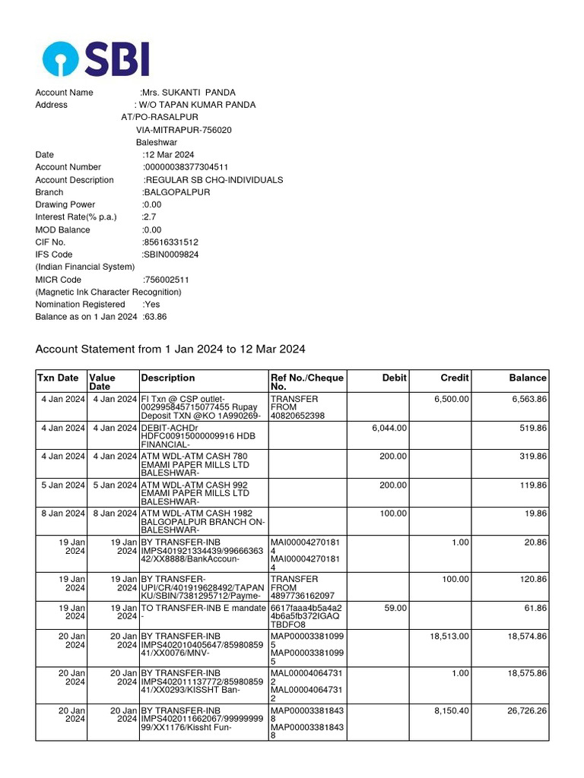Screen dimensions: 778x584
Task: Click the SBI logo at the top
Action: [96, 59]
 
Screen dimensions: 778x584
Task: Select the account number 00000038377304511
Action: [186, 167]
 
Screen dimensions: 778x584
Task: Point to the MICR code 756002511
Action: [167, 280]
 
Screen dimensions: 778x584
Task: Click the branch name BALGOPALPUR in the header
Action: [176, 192]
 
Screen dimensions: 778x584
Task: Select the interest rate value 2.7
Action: [149, 217]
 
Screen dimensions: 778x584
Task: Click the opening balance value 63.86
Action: [155, 317]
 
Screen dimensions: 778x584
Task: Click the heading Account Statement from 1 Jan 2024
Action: [170, 349]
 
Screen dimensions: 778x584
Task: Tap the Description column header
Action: [168, 378]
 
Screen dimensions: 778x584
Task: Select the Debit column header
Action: [394, 378]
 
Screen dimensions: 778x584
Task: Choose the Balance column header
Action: [528, 378]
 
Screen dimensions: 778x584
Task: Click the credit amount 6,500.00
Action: [451, 400]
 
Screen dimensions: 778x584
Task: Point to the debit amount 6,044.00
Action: [389, 429]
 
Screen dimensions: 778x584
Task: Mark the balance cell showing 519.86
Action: [532, 429]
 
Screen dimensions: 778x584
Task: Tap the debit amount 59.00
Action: [395, 609]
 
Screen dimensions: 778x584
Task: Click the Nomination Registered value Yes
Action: [151, 305]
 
